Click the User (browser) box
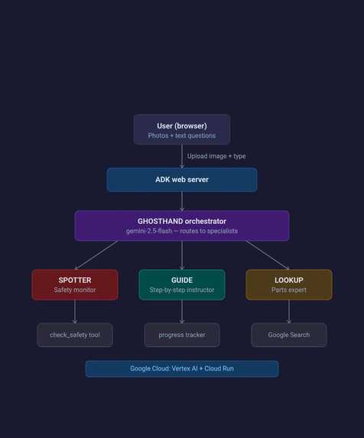[x=182, y=129]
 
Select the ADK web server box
[x=182, y=180]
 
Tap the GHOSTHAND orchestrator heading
[x=182, y=221]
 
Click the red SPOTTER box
[x=75, y=284]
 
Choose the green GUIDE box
[x=182, y=284]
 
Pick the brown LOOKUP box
[x=289, y=284]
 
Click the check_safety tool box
[x=75, y=335]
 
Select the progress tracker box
[x=182, y=335]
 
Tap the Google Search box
[x=289, y=335]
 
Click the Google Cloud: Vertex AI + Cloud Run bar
[x=182, y=368]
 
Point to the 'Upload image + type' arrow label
[x=216, y=156]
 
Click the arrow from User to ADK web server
[x=182, y=156]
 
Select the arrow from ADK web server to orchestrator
[x=182, y=201]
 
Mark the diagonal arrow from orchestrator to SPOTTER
[x=96, y=255]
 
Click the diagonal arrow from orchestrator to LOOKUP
[x=268, y=255]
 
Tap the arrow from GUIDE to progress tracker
[x=182, y=311]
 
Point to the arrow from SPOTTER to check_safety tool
[x=75, y=311]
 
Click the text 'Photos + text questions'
[x=182, y=136]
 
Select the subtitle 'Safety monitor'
[x=75, y=290]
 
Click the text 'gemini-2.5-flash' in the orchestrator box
[x=149, y=231]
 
